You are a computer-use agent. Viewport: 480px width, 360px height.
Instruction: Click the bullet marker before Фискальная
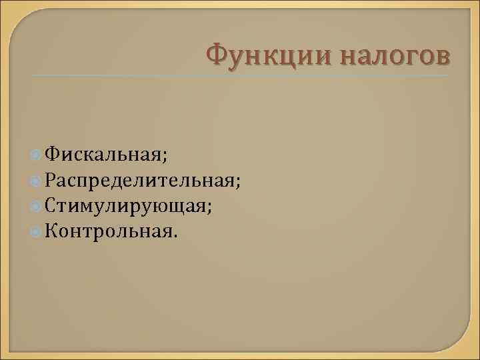click(x=36, y=155)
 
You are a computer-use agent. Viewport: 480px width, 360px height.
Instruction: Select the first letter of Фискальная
click(x=52, y=154)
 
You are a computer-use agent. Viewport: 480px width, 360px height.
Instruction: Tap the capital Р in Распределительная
click(x=51, y=180)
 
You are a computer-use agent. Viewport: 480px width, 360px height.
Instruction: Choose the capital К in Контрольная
click(x=51, y=231)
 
